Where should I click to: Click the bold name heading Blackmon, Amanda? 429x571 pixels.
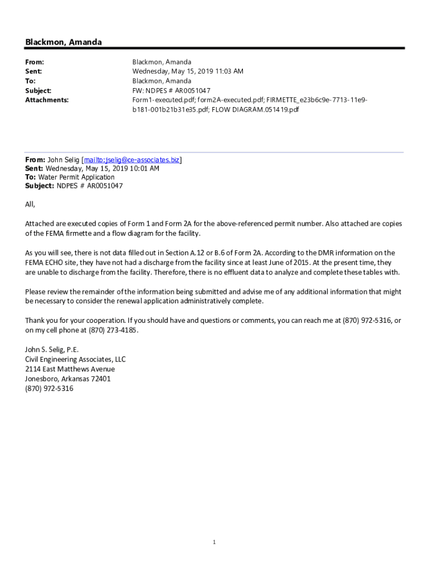(x=63, y=42)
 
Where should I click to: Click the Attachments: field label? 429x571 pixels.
(x=47, y=100)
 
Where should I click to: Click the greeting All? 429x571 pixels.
(x=30, y=204)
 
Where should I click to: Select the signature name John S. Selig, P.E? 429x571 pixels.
(x=52, y=350)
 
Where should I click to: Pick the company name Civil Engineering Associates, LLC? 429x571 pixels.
(x=75, y=359)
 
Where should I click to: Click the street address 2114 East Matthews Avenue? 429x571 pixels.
(x=70, y=369)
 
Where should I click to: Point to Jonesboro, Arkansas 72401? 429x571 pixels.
(x=67, y=379)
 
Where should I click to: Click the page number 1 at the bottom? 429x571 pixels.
(x=214, y=543)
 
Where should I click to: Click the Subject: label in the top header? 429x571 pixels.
(x=38, y=90)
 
